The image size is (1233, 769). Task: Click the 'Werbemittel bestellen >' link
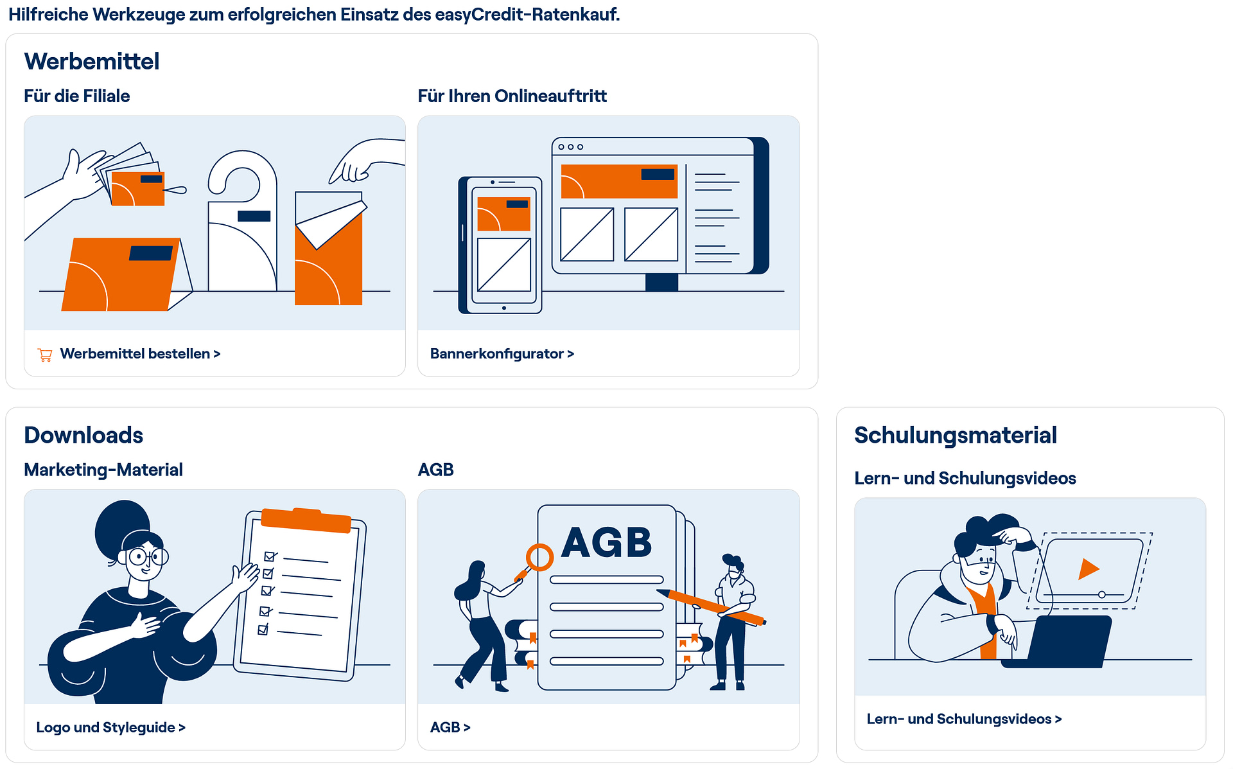140,354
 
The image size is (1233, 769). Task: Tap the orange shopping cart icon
45,355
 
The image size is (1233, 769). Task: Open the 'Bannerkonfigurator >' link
502,354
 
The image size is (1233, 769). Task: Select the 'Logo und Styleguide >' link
110,727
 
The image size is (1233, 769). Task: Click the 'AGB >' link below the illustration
450,727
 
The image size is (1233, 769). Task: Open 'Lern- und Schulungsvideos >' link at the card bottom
964,719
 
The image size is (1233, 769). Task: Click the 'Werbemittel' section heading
92,62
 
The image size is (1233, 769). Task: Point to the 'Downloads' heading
83,435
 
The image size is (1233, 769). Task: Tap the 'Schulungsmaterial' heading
956,435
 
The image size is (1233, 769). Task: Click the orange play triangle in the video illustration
1087,569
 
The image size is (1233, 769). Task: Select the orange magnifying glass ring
539,557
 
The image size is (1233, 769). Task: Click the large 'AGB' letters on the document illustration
607,542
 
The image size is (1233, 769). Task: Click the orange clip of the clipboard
306,520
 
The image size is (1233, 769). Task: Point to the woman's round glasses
148,556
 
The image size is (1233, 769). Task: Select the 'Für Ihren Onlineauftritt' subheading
512,96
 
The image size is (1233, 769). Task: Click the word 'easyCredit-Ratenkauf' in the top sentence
526,14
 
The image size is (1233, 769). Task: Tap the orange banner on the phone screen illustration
504,214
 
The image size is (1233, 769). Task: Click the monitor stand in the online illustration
662,283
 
